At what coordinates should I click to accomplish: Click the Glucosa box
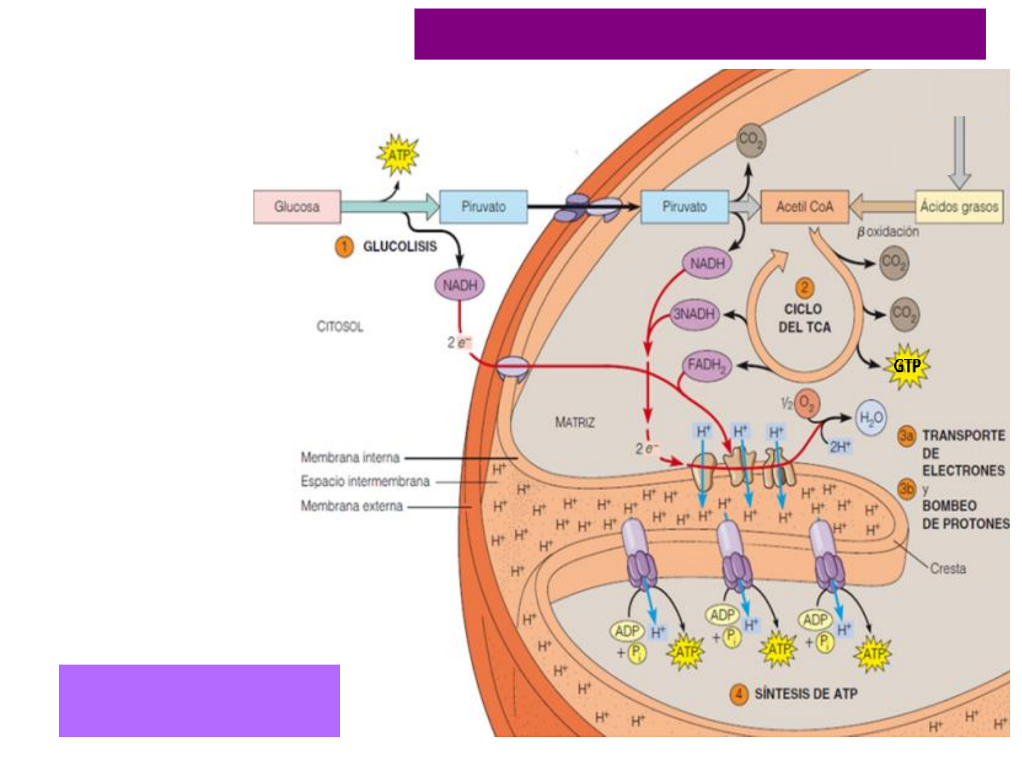[x=297, y=207]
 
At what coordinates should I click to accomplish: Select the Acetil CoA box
[x=804, y=207]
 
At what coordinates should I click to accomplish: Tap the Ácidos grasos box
[x=959, y=207]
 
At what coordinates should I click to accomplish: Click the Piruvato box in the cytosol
[x=483, y=207]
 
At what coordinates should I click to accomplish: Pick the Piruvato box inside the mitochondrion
[x=684, y=207]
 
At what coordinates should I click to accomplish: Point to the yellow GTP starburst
[x=907, y=366]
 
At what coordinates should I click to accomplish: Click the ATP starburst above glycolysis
[x=398, y=155]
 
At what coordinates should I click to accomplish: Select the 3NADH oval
[x=694, y=314]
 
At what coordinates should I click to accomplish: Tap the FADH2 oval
[x=705, y=366]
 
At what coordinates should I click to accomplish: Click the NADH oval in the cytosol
[x=459, y=285]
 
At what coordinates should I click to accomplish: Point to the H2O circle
[x=871, y=418]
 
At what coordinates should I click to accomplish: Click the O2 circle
[x=807, y=404]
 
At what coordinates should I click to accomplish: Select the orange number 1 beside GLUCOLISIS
[x=344, y=247]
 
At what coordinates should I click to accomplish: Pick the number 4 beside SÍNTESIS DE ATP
[x=739, y=694]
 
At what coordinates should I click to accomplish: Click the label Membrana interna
[x=350, y=457]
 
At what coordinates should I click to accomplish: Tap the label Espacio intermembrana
[x=365, y=482]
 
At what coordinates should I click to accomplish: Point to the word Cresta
[x=947, y=568]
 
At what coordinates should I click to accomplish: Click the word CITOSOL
[x=340, y=327]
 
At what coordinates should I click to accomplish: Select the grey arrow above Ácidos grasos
[x=959, y=152]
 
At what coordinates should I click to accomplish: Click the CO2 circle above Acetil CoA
[x=750, y=140]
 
